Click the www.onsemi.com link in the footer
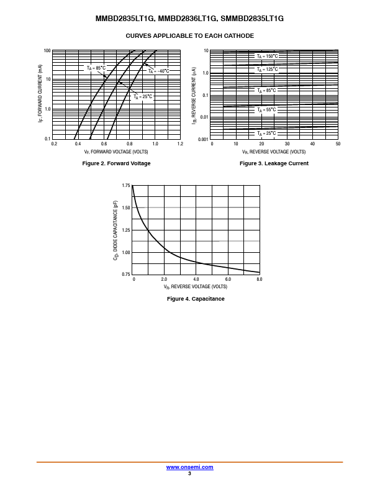coord(190,467)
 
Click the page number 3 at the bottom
coord(189,473)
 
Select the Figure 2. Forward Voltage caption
coord(117,163)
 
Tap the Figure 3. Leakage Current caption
coord(274,163)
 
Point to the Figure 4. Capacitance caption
coord(196,299)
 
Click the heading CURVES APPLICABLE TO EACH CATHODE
coord(190,35)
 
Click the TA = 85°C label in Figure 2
coord(96,68)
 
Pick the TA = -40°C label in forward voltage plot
coord(158,71)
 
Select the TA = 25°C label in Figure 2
coord(143,96)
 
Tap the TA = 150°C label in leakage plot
coord(268,56)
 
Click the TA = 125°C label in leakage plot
coord(268,70)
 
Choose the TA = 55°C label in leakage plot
coord(267,110)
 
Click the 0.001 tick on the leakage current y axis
coord(203,139)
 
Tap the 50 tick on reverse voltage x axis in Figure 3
coord(338,144)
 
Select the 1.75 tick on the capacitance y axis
coord(126,186)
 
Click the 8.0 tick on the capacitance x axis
coord(260,280)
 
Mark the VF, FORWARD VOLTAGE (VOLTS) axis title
coord(116,152)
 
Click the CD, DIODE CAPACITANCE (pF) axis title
coord(116,230)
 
